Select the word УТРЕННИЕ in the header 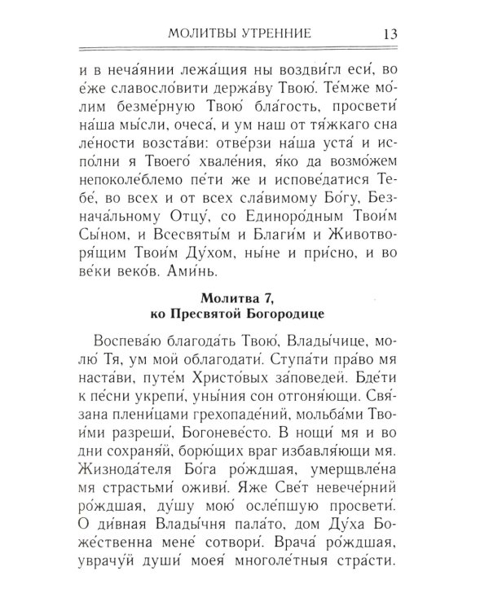click(x=281, y=37)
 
